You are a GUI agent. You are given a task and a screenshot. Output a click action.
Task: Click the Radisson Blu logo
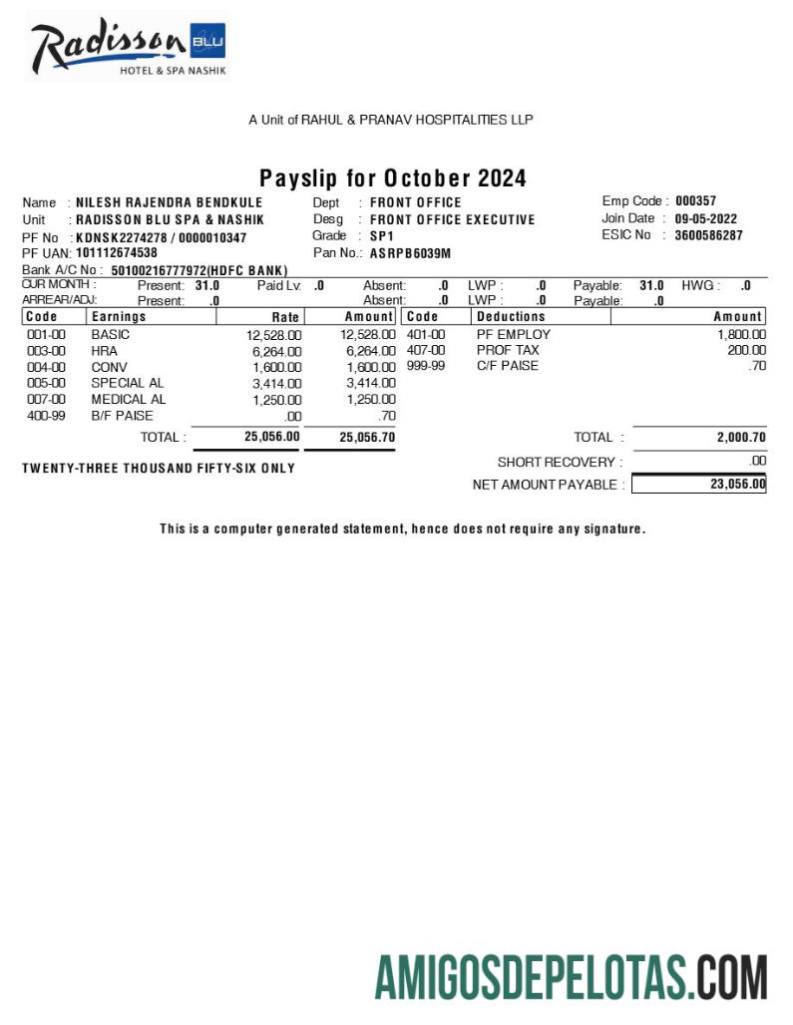(128, 47)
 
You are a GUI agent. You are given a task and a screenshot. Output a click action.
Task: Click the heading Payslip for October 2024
(393, 178)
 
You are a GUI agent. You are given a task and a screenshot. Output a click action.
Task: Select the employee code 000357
(695, 201)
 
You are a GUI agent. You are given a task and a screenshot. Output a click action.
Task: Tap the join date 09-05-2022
(705, 218)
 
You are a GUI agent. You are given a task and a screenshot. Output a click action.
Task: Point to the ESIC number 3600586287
(708, 235)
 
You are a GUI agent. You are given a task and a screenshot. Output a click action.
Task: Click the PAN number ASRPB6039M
(410, 253)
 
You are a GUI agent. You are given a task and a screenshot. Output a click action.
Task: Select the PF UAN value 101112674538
(117, 253)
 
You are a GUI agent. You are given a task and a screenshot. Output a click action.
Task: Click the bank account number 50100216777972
(159, 270)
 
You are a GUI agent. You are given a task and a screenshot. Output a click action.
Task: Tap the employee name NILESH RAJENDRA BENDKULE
(170, 202)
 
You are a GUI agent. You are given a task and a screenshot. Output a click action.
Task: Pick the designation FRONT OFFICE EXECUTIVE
(452, 219)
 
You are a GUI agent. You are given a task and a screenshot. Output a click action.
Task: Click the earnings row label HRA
(104, 351)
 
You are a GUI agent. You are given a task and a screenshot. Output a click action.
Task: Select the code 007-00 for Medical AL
(46, 399)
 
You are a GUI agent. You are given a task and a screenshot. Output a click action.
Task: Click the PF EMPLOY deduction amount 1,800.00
(741, 335)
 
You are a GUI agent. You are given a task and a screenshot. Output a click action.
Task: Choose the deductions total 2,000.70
(740, 437)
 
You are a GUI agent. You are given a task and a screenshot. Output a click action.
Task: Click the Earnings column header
(119, 317)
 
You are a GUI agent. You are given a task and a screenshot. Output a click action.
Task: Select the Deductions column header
(511, 317)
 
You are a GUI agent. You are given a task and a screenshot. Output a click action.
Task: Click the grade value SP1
(382, 236)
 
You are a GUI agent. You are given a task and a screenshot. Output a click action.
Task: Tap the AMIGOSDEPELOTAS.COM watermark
(571, 976)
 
